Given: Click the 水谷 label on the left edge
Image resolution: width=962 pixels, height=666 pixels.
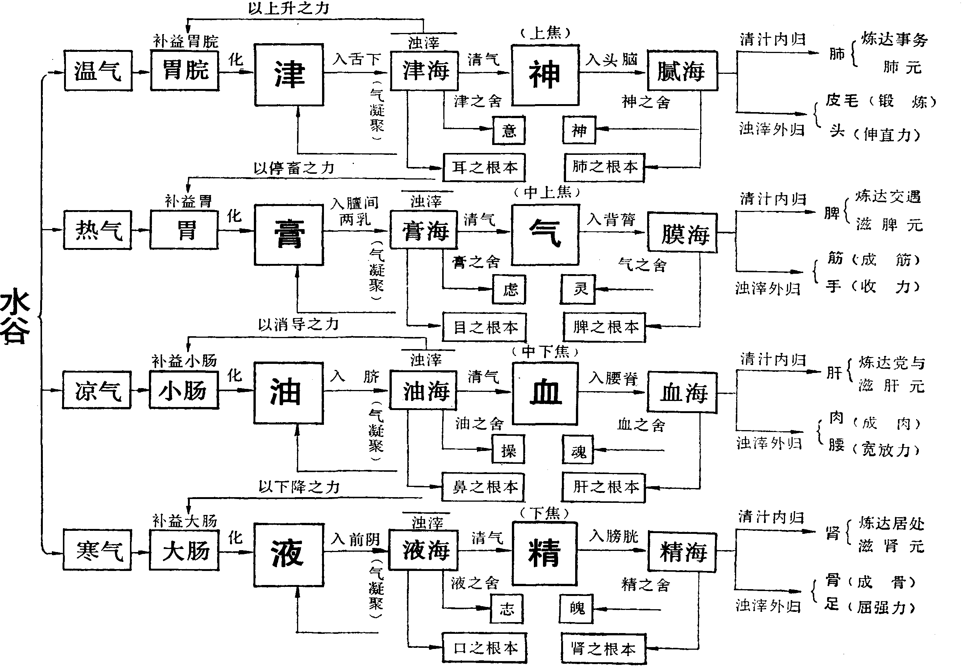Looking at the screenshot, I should click(15, 316).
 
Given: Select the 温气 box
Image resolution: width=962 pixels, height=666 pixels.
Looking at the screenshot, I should click(98, 70).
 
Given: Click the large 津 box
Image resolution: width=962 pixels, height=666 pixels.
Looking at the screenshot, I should click(289, 75).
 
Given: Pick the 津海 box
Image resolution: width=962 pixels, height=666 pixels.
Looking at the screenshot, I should click(425, 70).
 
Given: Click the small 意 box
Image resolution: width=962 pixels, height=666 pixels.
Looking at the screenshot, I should click(508, 131).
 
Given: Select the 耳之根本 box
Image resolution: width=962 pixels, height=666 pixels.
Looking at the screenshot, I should click(484, 167).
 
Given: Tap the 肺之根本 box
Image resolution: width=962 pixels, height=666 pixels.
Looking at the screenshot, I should click(605, 167).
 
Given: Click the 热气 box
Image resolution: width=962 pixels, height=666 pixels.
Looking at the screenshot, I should click(98, 230).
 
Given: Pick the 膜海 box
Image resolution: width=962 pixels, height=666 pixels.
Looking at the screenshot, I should click(682, 233).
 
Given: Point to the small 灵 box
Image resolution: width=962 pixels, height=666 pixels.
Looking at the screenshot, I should click(578, 289).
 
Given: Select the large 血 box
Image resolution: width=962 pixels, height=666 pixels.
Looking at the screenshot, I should click(545, 393).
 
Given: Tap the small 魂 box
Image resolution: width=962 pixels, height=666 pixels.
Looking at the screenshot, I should click(578, 450).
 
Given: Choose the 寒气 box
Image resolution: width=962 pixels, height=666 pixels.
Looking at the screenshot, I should click(98, 550).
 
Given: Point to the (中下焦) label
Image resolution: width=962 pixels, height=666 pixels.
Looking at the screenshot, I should click(545, 352).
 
